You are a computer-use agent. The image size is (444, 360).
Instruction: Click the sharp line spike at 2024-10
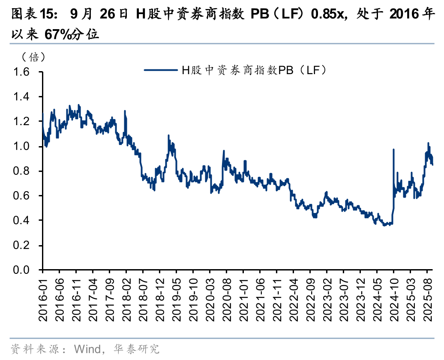tap(393, 150)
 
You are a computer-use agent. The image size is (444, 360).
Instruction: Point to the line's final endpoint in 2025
tap(432, 165)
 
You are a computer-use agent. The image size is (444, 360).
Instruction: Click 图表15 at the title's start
tap(30, 15)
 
